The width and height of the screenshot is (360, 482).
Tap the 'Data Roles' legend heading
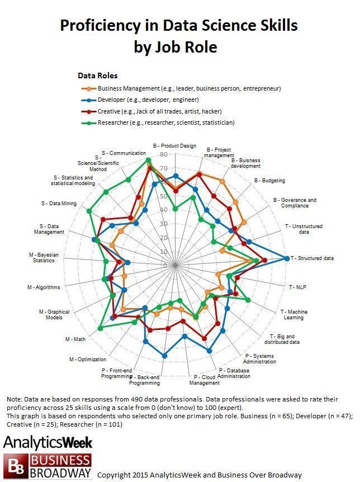[97, 75]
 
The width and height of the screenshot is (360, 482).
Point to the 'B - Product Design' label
[174, 146]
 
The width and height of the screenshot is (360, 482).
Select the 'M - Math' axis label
[75, 339]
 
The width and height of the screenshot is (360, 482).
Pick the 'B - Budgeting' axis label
[269, 181]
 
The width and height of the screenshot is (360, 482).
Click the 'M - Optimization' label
[87, 359]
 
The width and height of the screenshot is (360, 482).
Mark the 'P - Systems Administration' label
[260, 358]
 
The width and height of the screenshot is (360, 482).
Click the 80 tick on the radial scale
[163, 154]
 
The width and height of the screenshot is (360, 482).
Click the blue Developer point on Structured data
[287, 258]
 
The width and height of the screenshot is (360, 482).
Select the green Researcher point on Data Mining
[89, 211]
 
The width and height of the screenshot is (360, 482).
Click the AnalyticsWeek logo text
[48, 443]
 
